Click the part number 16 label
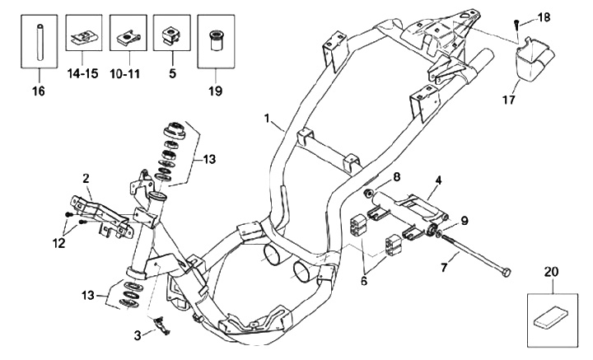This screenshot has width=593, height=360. pyautogui.click(x=39, y=91)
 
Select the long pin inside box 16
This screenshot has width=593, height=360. pyautogui.click(x=39, y=42)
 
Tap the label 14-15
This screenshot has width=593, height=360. pyautogui.click(x=83, y=73)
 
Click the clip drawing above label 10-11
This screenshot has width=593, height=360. pyautogui.click(x=128, y=38)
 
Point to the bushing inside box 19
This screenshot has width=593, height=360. pyautogui.click(x=216, y=41)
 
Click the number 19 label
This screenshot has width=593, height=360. pyautogui.click(x=215, y=91)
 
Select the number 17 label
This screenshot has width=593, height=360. pyautogui.click(x=509, y=100)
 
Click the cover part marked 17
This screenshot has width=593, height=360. pyautogui.click(x=534, y=58)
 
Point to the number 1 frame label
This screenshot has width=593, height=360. pyautogui.click(x=268, y=119)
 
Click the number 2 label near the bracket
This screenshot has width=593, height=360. pyautogui.click(x=86, y=178)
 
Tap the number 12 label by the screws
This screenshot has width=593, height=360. pyautogui.click(x=59, y=243)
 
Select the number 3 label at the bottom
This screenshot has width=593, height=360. pyautogui.click(x=138, y=335)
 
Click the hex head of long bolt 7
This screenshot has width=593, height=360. pyautogui.click(x=506, y=272)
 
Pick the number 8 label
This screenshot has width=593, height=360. pyautogui.click(x=396, y=176)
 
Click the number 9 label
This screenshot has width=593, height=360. pyautogui.click(x=464, y=220)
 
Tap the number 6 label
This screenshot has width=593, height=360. pyautogui.click(x=364, y=281)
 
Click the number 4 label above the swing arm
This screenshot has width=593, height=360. pyautogui.click(x=438, y=180)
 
